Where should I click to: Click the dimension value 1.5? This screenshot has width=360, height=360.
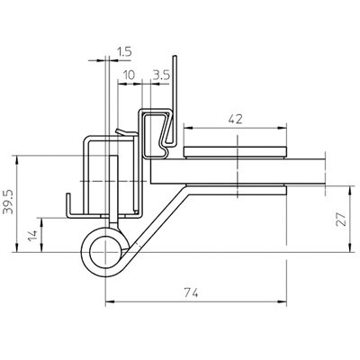coord(124,52)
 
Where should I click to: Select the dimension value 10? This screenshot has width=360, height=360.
coord(129,76)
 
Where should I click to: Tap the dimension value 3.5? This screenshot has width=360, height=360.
coord(161,75)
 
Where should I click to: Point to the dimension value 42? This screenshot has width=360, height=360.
coord(235,120)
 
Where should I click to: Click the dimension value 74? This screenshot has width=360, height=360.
coord(191,292)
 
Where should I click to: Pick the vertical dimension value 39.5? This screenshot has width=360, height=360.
coord(8,203)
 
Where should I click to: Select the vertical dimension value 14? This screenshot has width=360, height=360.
coord(32,235)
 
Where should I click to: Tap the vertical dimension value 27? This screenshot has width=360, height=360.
coord(342,220)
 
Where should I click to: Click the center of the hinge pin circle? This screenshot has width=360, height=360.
coord(105,252)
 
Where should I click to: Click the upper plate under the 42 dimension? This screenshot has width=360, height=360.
coord(235,152)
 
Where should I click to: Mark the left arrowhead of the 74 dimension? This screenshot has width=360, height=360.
coord(110,301)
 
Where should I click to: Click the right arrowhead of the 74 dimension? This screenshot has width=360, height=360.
coord(282,301)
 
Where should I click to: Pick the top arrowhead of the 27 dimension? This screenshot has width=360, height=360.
coord(350,190)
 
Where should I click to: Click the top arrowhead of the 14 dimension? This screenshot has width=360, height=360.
coord(41,222)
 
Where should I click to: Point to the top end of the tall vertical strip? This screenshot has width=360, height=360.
coord(175,56)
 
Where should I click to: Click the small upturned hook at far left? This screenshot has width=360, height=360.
coord(68,204)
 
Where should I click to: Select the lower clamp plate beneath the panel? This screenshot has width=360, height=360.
coord(236,190)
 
